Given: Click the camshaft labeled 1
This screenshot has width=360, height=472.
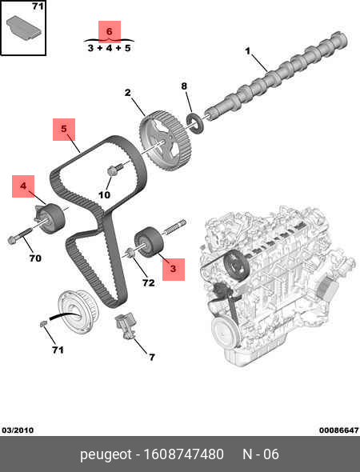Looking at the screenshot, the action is click(x=277, y=76).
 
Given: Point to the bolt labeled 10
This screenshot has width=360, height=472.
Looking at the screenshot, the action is click(x=114, y=170).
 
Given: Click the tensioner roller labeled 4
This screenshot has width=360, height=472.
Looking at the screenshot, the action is click(x=50, y=218).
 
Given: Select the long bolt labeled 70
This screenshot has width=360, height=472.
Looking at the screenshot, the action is click(x=20, y=235).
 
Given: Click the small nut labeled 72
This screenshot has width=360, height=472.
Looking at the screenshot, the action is click(x=130, y=253).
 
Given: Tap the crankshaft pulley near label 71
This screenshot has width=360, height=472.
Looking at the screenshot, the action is click(x=78, y=312).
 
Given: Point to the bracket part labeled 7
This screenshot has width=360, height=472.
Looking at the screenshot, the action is click(x=126, y=326).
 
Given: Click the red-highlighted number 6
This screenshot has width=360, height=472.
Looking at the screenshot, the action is click(x=110, y=31).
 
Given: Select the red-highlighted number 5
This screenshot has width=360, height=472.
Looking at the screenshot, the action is click(x=64, y=129).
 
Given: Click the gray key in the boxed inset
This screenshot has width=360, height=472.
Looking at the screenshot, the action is click(x=24, y=27).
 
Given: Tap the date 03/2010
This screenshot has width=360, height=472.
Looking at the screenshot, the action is click(x=18, y=430).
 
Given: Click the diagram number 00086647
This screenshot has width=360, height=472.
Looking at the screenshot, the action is click(x=339, y=430).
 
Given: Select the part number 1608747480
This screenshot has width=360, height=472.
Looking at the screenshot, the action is click(x=184, y=454).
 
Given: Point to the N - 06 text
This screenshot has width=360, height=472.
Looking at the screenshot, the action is click(x=261, y=454).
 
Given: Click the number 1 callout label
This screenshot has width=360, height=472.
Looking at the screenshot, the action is click(x=247, y=51).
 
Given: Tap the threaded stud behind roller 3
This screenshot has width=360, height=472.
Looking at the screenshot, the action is click(x=174, y=227).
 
